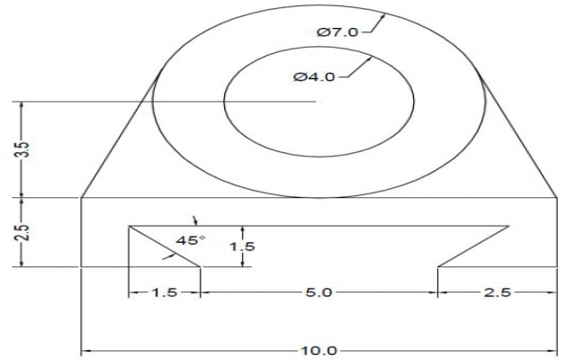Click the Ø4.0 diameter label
pyautogui.click(x=314, y=77)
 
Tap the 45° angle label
pyautogui.click(x=190, y=240)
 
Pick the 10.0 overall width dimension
pyautogui.click(x=317, y=350)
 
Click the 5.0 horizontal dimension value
pyautogui.click(x=319, y=292)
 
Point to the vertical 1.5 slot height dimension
pyautogui.click(x=237, y=245)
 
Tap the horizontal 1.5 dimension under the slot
pyautogui.click(x=163, y=292)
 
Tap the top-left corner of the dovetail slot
pyautogui.click(x=130, y=225)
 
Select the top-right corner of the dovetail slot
pyautogui.click(x=508, y=225)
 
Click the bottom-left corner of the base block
pyautogui.click(x=82, y=266)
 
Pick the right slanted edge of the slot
pyautogui.click(x=474, y=246)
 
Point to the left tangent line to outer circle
pyautogui.click(x=117, y=139)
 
